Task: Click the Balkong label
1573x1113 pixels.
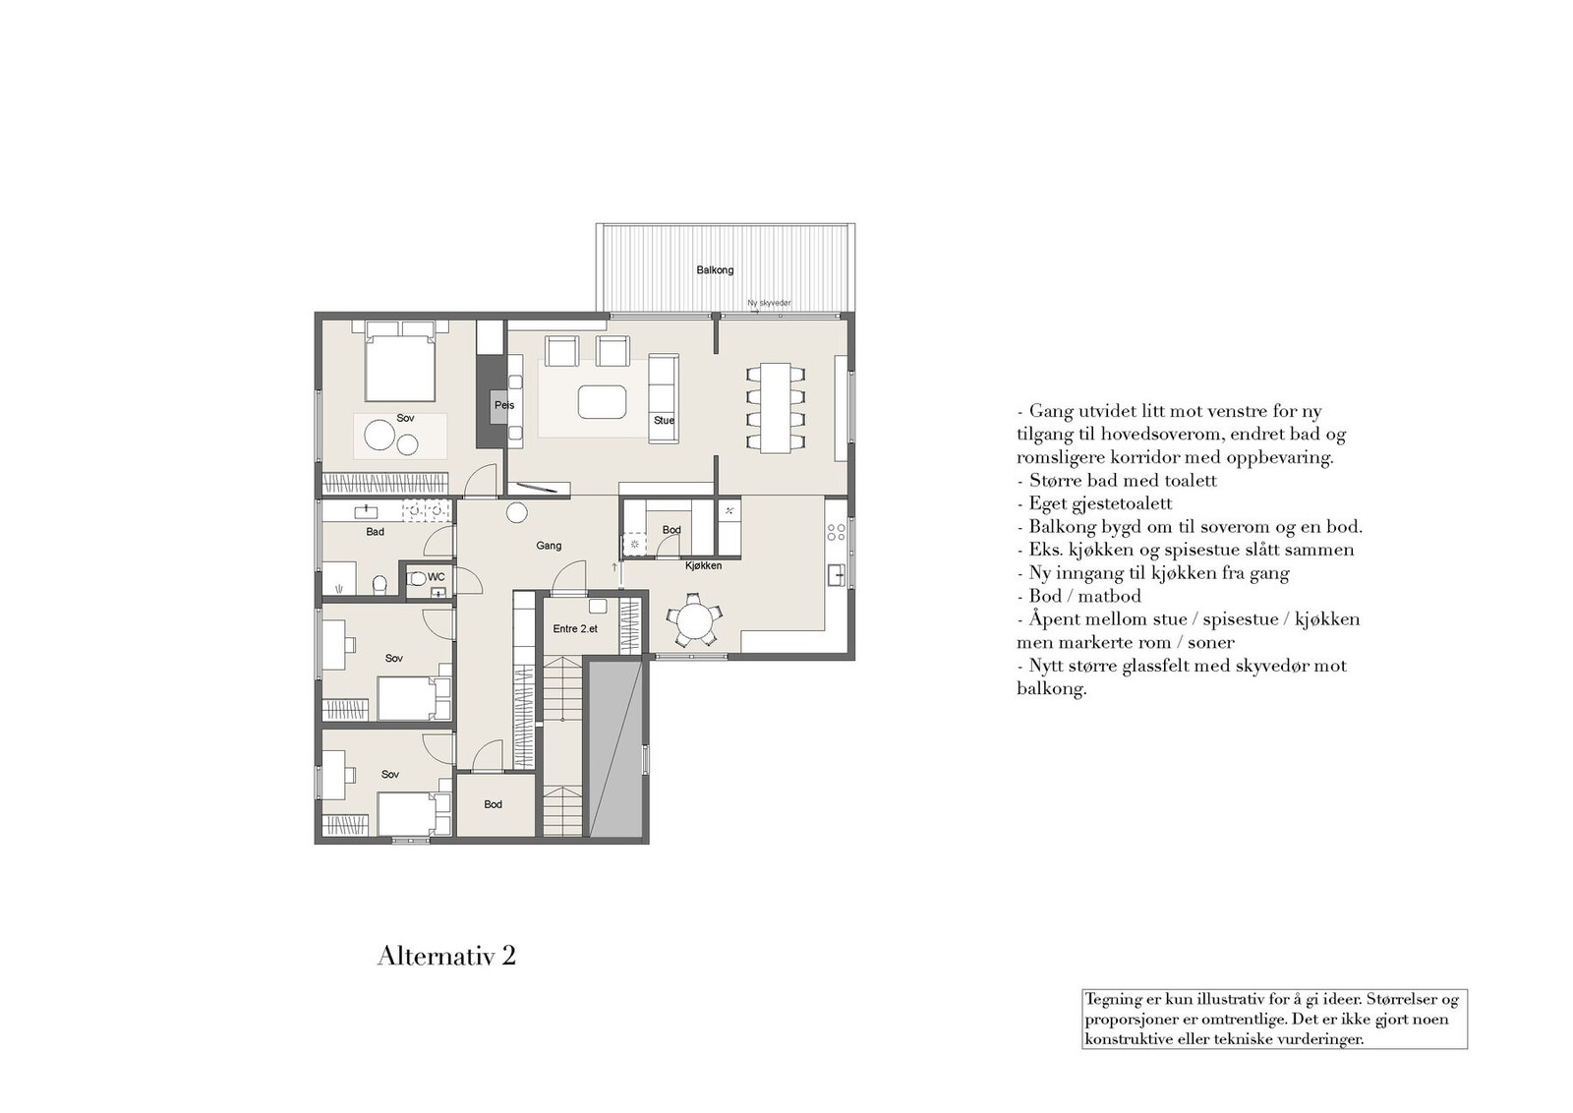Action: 715,270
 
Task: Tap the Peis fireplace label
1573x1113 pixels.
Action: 504,405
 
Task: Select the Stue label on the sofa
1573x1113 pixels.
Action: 665,421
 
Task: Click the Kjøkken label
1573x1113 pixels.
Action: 704,565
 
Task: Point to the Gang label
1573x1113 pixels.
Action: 549,546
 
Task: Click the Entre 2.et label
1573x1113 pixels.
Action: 575,628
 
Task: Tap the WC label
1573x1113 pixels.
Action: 436,577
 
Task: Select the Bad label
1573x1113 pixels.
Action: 375,532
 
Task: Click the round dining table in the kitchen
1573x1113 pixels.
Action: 695,621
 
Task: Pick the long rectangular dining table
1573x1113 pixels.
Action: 776,408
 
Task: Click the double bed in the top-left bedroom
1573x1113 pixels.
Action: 399,369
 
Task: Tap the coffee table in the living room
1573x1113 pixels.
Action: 602,401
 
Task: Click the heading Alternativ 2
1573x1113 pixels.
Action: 446,956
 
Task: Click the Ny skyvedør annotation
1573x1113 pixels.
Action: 769,304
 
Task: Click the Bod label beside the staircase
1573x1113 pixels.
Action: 493,804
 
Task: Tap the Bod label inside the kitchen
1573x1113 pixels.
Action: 671,530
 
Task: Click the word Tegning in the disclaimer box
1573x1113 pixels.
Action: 1114,1000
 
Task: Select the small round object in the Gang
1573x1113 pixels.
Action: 516,512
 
